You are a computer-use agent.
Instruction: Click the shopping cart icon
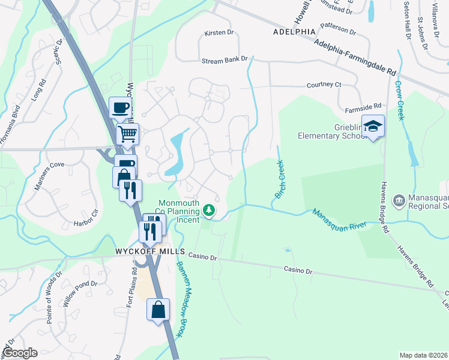(127, 134)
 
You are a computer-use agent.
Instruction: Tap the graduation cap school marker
(373, 126)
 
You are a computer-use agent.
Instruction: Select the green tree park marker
(209, 210)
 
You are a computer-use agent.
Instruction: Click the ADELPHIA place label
(294, 31)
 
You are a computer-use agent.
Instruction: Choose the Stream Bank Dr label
(225, 60)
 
